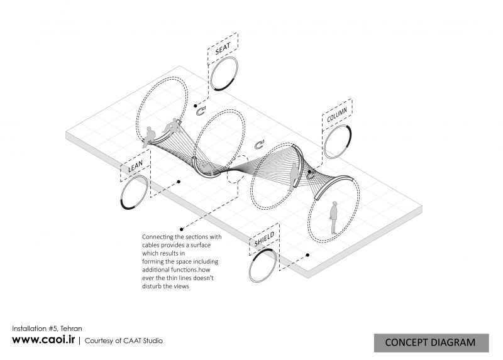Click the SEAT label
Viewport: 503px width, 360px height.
223,49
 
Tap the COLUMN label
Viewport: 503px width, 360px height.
337,115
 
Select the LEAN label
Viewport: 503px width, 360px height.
135,166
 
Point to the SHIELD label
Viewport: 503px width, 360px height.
264,239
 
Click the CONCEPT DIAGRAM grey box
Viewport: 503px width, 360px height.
431,342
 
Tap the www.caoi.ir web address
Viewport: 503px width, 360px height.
43,339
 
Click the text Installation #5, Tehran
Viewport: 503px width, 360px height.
47,329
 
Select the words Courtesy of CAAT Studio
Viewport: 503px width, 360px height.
123,341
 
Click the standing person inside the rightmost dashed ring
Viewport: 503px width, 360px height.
334,217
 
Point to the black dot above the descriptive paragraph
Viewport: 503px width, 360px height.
182,229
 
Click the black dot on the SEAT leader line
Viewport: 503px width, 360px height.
196,106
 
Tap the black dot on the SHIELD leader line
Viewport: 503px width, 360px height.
307,255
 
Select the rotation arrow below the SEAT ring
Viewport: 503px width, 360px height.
201,111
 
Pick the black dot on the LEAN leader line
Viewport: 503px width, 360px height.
179,182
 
